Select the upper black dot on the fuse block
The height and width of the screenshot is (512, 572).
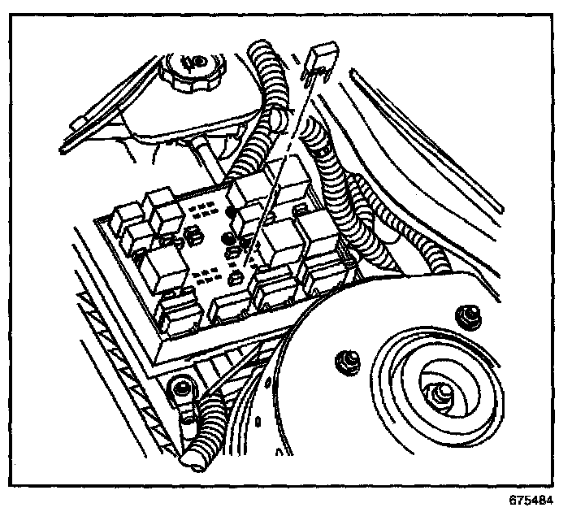coord(233,214)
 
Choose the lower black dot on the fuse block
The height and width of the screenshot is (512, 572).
coord(227,238)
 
